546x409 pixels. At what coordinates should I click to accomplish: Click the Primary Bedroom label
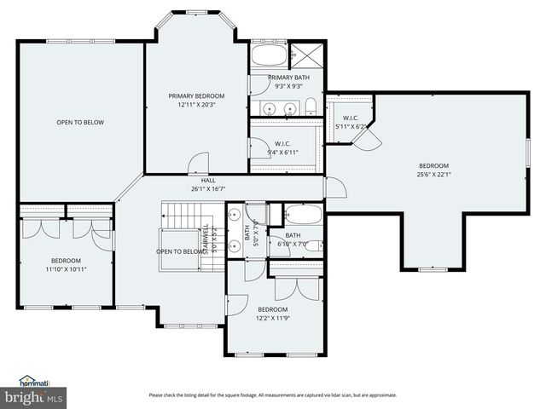196,95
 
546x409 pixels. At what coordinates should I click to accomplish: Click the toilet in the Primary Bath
311,107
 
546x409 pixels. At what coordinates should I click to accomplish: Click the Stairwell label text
204,240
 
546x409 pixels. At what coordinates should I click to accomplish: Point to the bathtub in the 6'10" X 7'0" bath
303,214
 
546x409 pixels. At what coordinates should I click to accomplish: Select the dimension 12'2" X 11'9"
273,319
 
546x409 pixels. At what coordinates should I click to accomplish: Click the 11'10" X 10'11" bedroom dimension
66,269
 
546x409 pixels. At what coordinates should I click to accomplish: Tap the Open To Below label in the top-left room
80,123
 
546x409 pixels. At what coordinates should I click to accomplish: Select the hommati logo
32,380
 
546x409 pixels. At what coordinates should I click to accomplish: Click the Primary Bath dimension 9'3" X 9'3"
288,86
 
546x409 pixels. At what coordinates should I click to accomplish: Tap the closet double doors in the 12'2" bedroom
295,287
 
